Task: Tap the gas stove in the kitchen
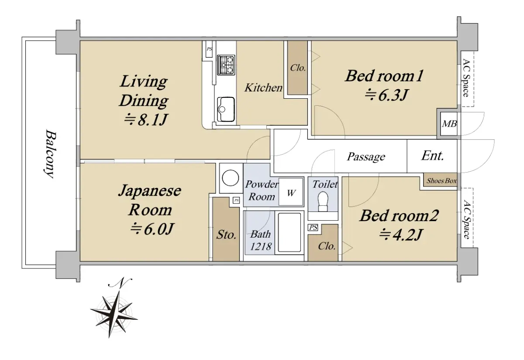(x=226, y=65)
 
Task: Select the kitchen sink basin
(x=226, y=109)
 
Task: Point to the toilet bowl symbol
(x=323, y=201)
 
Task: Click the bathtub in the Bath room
(x=290, y=232)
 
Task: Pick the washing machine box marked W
(x=291, y=192)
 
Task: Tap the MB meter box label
(x=449, y=124)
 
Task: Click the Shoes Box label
(x=441, y=181)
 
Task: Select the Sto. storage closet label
(x=226, y=235)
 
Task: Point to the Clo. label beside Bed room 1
(x=298, y=68)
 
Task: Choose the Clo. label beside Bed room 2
(x=327, y=246)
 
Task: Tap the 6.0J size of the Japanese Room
(x=152, y=228)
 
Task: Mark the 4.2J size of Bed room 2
(x=401, y=234)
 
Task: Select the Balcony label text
(x=50, y=154)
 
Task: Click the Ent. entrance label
(x=433, y=156)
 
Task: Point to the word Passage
(x=366, y=156)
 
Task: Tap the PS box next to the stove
(x=209, y=49)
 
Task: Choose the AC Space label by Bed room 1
(x=466, y=78)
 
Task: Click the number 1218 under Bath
(x=261, y=246)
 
